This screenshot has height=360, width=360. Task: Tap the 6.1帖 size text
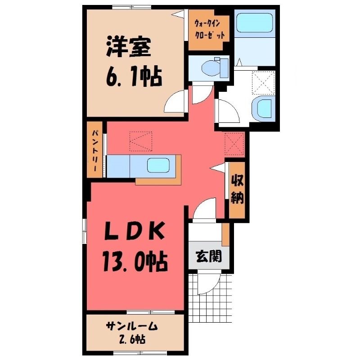point(134,77)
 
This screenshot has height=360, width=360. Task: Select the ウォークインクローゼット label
point(209,29)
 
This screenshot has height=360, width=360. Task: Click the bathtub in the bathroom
point(254,22)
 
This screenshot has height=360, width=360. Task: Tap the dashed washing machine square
point(263,83)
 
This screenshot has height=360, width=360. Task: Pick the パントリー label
point(94,150)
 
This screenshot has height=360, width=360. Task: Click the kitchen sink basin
point(158,165)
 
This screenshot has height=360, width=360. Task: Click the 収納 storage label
point(237,189)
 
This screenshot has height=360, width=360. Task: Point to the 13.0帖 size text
point(135,262)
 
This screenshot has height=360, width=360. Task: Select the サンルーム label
point(132,326)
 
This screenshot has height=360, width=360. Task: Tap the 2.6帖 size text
point(132,339)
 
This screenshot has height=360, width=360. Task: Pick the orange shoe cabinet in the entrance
point(225,234)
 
